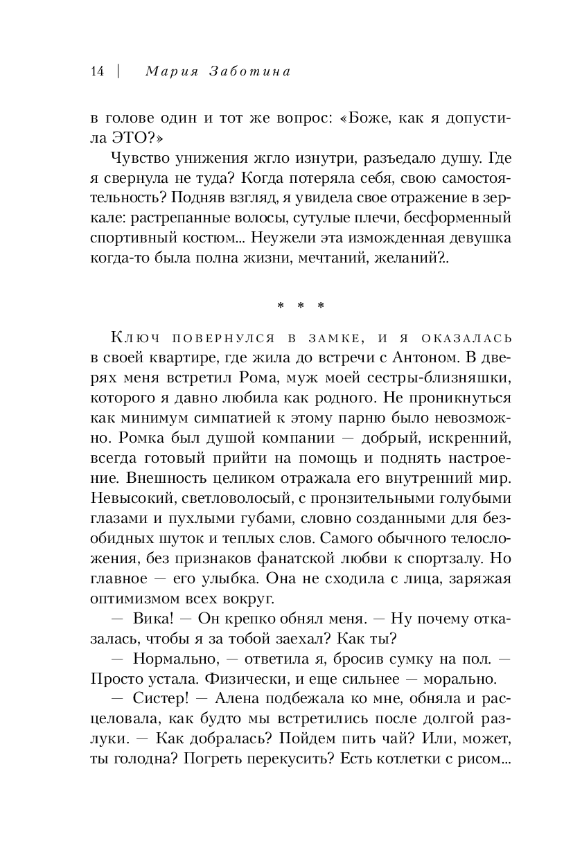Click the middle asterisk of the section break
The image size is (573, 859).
pos(301,305)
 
